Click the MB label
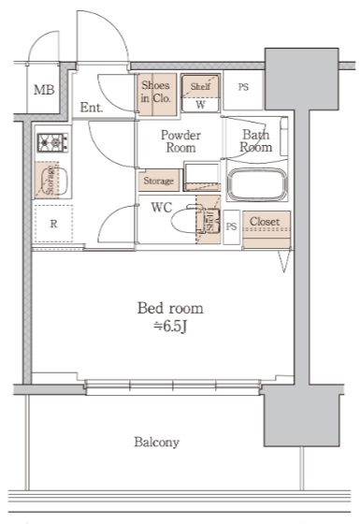(x=44, y=90)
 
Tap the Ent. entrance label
(x=92, y=108)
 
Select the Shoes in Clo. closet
(x=157, y=95)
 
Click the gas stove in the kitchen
(x=52, y=142)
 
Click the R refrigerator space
(x=53, y=224)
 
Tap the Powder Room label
(x=180, y=141)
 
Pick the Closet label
(x=265, y=221)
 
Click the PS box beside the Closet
(x=232, y=227)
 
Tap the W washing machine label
(x=200, y=105)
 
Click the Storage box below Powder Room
(x=159, y=181)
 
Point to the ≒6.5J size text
(x=170, y=327)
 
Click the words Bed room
(x=170, y=308)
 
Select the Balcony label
(x=157, y=442)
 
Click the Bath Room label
(x=256, y=141)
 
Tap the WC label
(x=162, y=207)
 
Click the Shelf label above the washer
(x=200, y=86)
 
